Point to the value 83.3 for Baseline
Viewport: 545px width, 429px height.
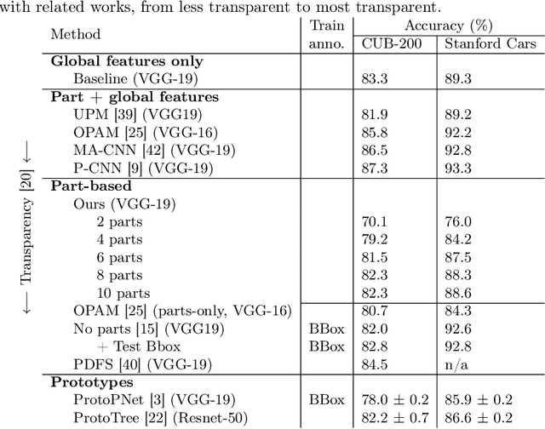[x=376, y=78]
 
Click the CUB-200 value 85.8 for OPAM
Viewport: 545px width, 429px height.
[x=376, y=132]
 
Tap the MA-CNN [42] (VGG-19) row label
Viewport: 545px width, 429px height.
[x=153, y=150]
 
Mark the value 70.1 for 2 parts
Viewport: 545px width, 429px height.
[x=376, y=221]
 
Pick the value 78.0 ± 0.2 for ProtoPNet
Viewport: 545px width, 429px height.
[x=393, y=400]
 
